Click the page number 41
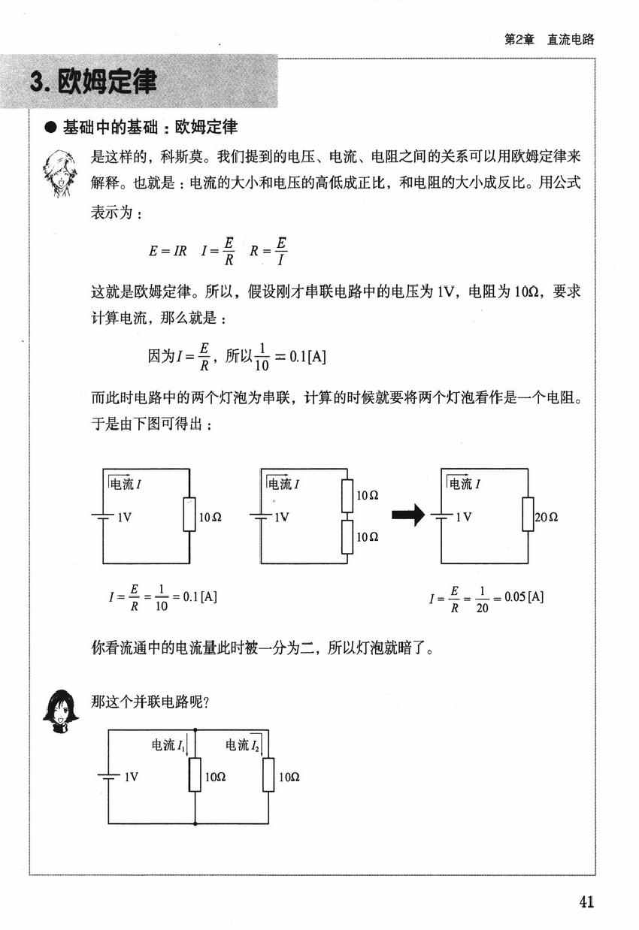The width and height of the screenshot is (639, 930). click(x=586, y=901)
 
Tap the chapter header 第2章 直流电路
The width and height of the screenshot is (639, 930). click(x=549, y=40)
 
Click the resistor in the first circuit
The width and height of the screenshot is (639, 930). click(x=189, y=516)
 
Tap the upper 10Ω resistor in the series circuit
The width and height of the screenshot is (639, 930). click(x=347, y=495)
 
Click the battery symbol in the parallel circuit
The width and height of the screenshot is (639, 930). click(x=109, y=778)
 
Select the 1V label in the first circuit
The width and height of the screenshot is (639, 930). click(x=125, y=517)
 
